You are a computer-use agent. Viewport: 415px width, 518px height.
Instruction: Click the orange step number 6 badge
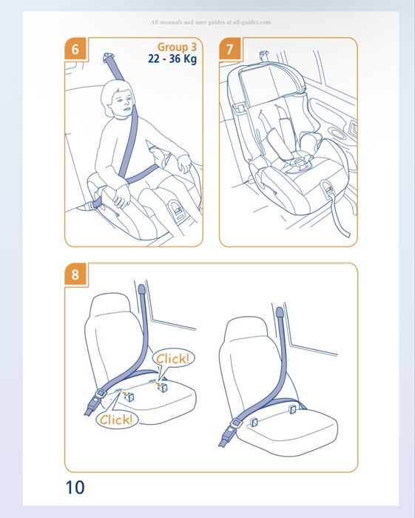(75, 49)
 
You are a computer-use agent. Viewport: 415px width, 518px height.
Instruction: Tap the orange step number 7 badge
(230, 49)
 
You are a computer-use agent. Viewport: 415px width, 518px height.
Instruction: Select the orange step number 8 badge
(75, 275)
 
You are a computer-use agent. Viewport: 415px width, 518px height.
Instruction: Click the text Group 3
(177, 47)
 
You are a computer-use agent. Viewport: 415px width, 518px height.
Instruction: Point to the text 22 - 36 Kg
(172, 58)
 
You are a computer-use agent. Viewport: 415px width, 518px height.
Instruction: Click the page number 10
(75, 487)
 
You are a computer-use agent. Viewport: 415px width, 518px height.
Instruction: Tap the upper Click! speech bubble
(173, 359)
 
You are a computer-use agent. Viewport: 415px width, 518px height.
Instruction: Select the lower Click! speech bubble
(116, 420)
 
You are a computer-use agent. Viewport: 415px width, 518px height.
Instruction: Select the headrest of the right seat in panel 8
(246, 329)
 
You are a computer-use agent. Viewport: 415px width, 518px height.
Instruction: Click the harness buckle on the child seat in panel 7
(299, 163)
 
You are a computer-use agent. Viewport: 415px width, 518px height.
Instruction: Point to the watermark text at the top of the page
(211, 22)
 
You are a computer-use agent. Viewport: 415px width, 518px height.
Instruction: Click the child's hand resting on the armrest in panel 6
(185, 164)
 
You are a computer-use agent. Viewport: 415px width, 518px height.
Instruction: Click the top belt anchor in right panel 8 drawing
(280, 312)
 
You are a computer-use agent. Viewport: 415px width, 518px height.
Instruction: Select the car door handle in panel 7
(354, 129)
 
